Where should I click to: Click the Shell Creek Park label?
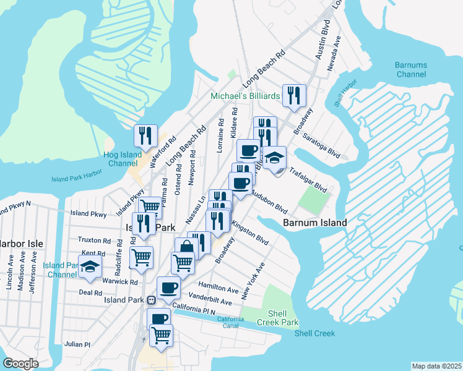[x=280, y=317]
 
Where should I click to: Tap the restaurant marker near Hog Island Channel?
[x=146, y=135]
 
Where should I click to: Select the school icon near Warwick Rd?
[x=91, y=265]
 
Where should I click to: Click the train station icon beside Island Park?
[x=150, y=300]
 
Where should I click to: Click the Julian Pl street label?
[x=77, y=344]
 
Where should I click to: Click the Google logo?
[x=20, y=363]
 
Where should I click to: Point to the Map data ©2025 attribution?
[x=436, y=366]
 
